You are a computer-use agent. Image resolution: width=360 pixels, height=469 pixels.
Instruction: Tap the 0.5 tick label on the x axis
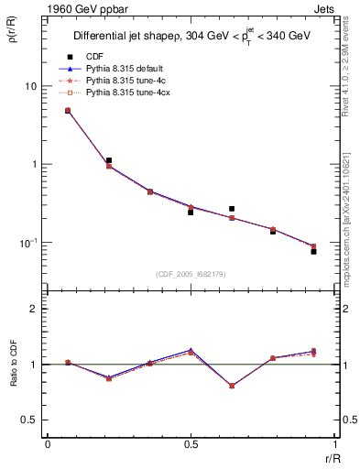(191, 444)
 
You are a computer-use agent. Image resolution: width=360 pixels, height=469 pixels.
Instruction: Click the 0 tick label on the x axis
(48, 444)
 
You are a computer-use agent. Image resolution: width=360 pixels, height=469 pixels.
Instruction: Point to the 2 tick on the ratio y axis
(36, 310)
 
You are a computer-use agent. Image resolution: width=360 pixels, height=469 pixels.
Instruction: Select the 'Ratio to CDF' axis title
(14, 365)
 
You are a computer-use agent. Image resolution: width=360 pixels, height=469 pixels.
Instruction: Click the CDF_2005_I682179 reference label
(191, 274)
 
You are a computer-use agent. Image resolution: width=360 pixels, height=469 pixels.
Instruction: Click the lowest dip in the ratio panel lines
(232, 386)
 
